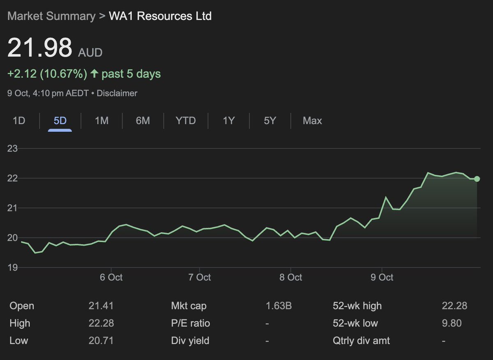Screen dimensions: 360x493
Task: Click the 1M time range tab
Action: [101, 121]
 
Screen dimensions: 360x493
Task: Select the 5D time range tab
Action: [60, 121]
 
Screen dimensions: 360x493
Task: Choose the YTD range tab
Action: [185, 121]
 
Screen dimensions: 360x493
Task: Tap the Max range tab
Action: [312, 121]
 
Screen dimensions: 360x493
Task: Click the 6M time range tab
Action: [143, 121]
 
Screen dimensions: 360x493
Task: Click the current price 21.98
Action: [40, 48]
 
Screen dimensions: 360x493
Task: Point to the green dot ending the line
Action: [477, 179]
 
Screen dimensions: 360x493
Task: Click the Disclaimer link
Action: [117, 93]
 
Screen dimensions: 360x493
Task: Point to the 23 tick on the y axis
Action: [13, 148]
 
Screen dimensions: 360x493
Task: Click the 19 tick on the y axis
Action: [13, 267]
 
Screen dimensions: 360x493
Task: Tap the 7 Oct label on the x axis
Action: [199, 277]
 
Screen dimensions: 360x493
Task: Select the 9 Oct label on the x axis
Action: [382, 277]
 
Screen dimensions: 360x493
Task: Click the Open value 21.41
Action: [101, 306]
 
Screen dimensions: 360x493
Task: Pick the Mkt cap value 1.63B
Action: [279, 306]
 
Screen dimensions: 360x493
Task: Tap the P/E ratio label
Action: [190, 323]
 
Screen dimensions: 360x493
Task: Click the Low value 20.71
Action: [101, 340]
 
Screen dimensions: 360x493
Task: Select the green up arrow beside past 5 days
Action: [94, 74]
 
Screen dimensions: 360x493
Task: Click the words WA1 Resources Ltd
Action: [160, 16]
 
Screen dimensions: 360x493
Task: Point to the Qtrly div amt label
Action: [361, 340]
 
